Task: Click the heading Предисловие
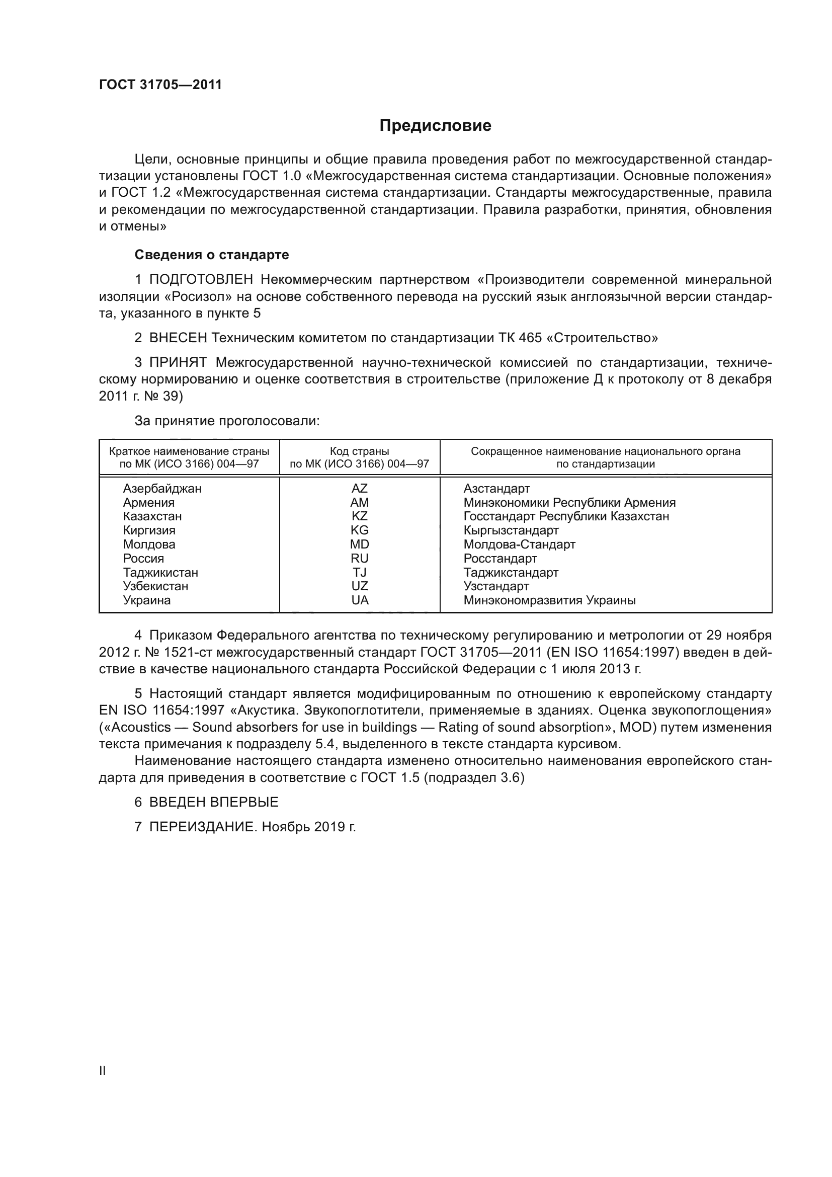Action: pos(435,126)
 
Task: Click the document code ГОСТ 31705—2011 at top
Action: pos(160,85)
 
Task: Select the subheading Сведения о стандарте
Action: pos(212,255)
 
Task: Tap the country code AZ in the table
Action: pos(360,489)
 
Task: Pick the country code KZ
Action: pos(360,516)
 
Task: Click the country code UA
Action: pos(360,600)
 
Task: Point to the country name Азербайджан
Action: pos(162,489)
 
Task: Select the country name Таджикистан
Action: pos(160,573)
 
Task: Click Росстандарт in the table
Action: pos(500,558)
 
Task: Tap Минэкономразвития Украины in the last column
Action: pos(549,600)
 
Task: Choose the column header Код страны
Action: pos(360,451)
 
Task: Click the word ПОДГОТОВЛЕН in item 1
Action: pos(201,280)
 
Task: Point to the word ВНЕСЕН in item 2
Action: pos(178,338)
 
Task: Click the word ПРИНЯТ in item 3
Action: pos(178,363)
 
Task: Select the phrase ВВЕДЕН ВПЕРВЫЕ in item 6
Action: pos(214,802)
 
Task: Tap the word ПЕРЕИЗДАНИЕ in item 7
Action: pos(202,827)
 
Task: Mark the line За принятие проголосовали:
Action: pos(227,421)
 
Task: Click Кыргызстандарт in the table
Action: pos(511,530)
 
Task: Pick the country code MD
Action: pos(360,544)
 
